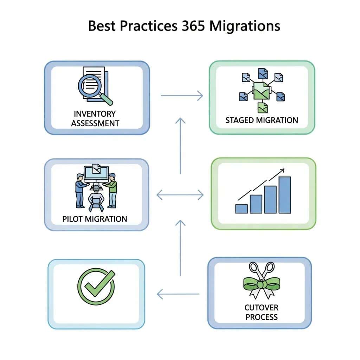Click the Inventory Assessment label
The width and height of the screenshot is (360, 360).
click(95, 118)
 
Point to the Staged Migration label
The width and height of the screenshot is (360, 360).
click(262, 120)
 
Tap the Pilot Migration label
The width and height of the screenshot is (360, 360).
click(95, 219)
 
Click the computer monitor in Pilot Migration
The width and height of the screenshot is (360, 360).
click(96, 173)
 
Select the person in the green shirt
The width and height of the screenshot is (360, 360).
click(112, 190)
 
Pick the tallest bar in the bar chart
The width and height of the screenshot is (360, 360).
click(284, 195)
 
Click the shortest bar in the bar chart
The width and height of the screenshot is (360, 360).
click(242, 208)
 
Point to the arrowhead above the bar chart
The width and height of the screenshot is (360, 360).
click(281, 171)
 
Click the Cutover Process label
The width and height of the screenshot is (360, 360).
click(262, 312)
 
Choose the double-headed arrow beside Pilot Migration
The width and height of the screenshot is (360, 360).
click(180, 194)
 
